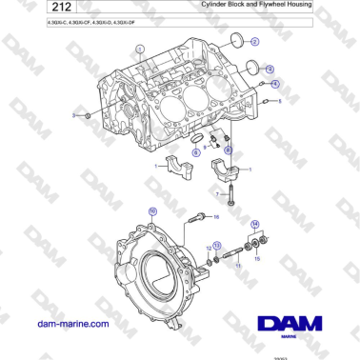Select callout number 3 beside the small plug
(73, 115)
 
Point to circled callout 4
(275, 83)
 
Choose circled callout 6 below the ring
(197, 150)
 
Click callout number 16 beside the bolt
(215, 217)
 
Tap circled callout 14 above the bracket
(253, 225)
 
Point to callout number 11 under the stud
(238, 266)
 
